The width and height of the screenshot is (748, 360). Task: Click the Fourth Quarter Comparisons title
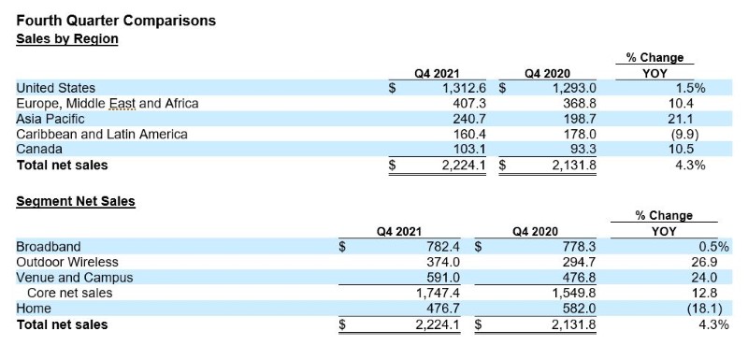[116, 21]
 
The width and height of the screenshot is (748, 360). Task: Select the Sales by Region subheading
[67, 38]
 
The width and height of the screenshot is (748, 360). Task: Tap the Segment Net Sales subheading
[76, 201]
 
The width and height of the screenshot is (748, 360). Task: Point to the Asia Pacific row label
[50, 119]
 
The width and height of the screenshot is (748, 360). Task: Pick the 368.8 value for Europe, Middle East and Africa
[579, 104]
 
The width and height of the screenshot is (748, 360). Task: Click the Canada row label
[39, 150]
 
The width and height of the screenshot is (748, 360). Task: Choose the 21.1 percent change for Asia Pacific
[682, 119]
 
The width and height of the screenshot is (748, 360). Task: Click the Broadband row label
[49, 247]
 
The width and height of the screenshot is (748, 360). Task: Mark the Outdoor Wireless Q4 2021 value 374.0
[443, 262]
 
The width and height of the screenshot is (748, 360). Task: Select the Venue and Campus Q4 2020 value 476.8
[578, 278]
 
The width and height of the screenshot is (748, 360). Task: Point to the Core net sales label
[70, 293]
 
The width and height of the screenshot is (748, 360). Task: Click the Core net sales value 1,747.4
[439, 293]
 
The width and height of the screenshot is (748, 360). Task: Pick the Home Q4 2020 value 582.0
[578, 309]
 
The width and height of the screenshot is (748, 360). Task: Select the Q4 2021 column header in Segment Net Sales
[399, 232]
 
